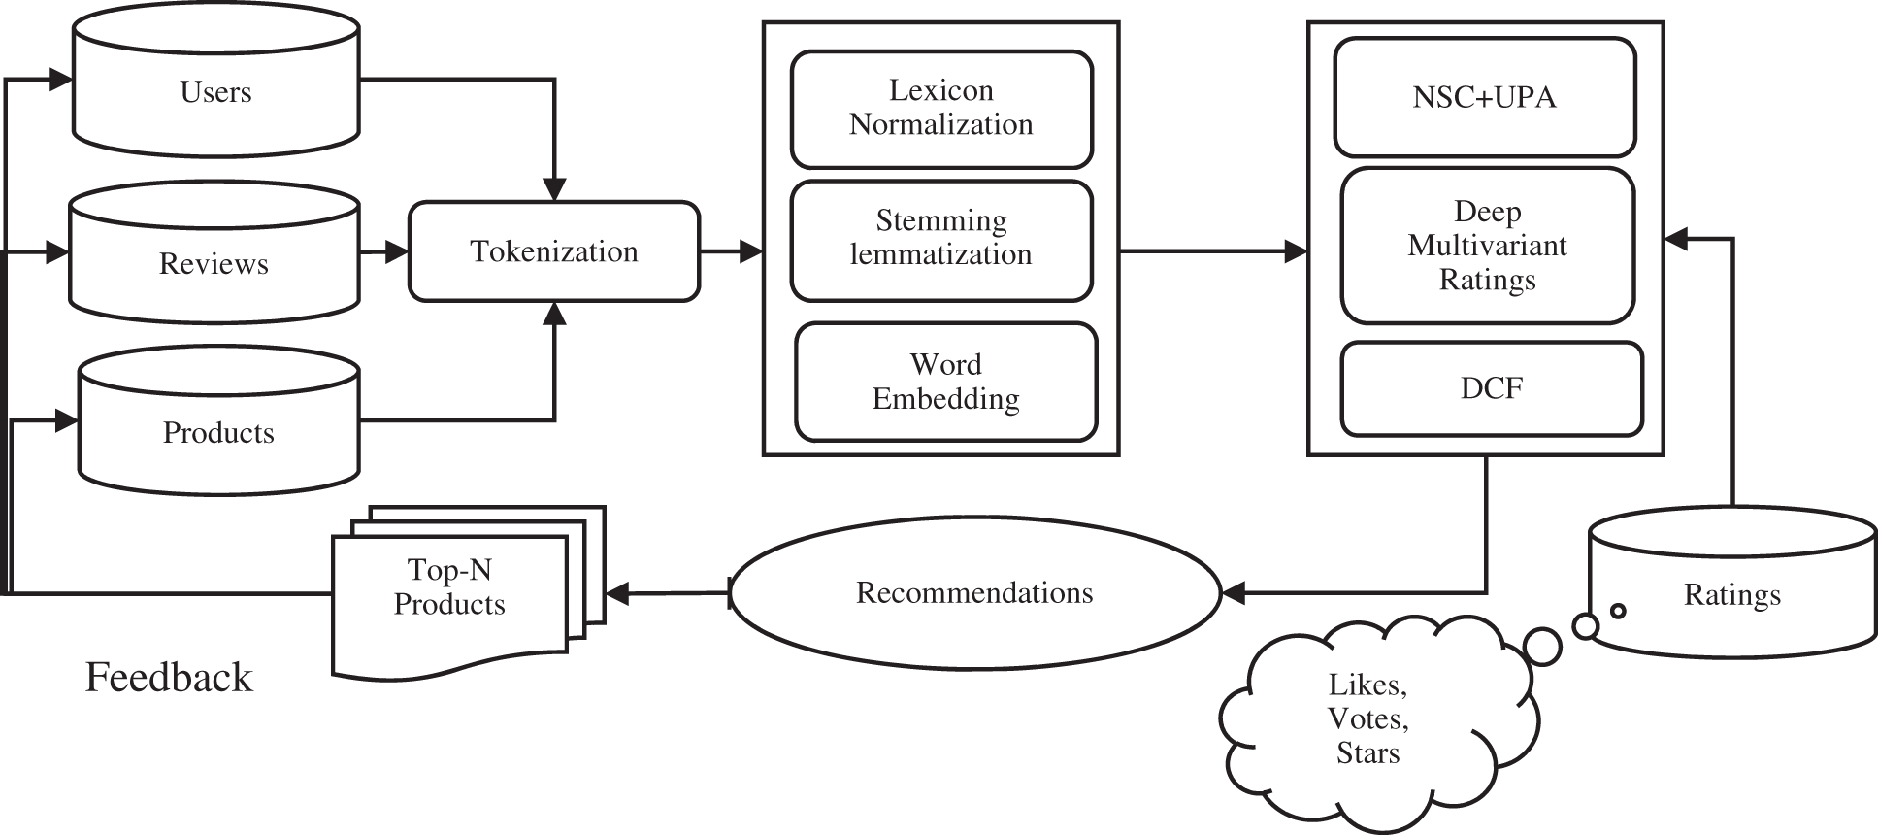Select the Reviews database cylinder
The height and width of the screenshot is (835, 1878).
[214, 263]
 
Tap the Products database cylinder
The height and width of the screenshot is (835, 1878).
[218, 432]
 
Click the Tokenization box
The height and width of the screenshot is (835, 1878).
[553, 251]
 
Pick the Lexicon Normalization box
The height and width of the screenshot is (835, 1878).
[940, 108]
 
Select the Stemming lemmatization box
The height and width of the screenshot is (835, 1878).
[940, 238]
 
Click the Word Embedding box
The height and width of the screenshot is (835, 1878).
[945, 382]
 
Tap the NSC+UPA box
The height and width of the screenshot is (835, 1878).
[1484, 97]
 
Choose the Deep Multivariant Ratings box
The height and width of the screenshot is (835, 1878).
[1487, 246]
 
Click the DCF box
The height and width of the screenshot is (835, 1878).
[1491, 388]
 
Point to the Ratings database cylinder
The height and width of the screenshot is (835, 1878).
[1731, 594]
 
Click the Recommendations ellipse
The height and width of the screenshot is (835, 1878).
[974, 593]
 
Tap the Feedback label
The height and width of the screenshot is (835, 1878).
[169, 677]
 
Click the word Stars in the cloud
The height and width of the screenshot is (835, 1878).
[1367, 753]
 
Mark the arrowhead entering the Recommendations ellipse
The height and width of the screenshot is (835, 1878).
[1232, 592]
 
